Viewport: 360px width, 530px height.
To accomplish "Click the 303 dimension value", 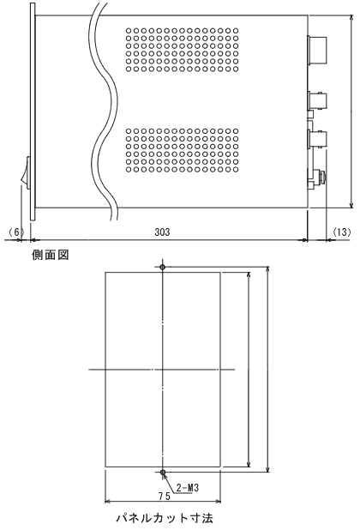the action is pos(162,232).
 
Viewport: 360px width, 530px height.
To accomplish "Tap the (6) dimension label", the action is pos(16,232).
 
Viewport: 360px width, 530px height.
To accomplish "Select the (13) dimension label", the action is pos(342,232).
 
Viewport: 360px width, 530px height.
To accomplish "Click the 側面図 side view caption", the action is pos(51,255).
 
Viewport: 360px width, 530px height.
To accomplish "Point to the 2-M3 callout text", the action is pos(188,487).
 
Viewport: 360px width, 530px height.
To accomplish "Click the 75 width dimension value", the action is pos(165,497).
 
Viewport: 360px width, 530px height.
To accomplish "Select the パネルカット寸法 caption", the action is pos(165,518).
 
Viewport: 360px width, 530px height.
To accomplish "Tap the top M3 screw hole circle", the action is pos(163,267).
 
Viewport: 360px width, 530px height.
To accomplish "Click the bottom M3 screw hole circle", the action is pos(163,472).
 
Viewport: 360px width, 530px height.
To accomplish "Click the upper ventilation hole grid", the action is pos(183,50).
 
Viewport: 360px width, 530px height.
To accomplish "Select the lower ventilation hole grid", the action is pos(183,150).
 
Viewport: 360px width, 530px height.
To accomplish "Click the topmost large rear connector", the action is pos(317,50).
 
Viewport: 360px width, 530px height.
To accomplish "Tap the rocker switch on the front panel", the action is pos(26,172).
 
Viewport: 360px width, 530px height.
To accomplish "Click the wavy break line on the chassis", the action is pos(104,111).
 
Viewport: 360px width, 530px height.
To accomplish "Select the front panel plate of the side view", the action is pos(33,111).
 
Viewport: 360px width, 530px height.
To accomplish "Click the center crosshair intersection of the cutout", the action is pos(163,370).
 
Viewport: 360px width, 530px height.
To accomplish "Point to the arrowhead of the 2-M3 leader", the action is pos(165,476).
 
